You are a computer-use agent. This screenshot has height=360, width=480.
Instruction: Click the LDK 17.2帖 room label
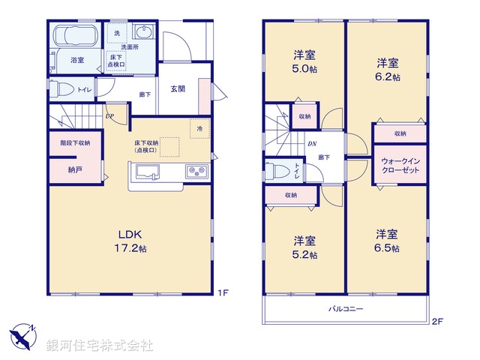click(x=130, y=240)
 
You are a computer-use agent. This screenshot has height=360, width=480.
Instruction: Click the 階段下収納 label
click(x=75, y=142)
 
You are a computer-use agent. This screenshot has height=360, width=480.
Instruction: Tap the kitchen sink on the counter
click(x=148, y=170)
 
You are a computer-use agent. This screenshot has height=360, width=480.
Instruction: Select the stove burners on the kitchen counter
click(x=196, y=171)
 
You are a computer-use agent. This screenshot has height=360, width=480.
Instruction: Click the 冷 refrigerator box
click(x=199, y=128)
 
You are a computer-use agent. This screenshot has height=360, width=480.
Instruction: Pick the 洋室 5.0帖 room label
click(x=304, y=60)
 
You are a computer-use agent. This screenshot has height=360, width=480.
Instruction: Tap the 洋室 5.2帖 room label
click(x=304, y=247)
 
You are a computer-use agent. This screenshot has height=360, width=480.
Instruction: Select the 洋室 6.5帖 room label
click(x=387, y=240)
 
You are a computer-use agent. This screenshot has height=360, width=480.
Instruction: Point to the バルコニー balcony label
click(x=345, y=309)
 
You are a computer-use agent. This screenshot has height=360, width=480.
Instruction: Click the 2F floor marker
click(x=436, y=323)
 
